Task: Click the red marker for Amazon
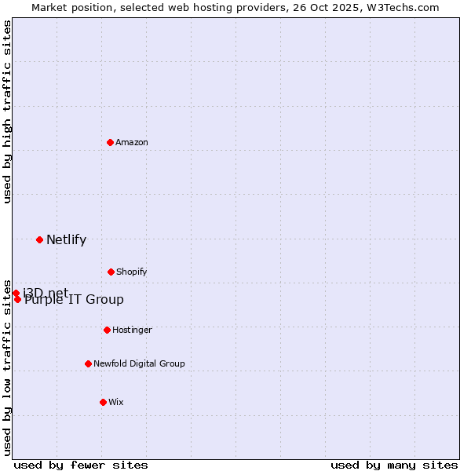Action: point(111,142)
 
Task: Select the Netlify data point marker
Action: point(39,239)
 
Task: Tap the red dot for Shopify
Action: point(111,272)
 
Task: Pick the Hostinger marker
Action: point(107,330)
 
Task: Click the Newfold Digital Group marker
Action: point(88,363)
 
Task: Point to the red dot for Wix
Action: point(103,402)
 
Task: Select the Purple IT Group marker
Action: point(17,299)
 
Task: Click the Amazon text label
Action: point(132,142)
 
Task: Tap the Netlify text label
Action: point(66,240)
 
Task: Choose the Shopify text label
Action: point(132,272)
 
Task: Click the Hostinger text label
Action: point(132,330)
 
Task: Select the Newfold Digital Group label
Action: point(139,363)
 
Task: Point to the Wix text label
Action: point(116,402)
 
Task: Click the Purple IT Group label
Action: point(74,300)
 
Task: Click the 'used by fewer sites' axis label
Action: point(81,465)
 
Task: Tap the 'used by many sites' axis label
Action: point(394,465)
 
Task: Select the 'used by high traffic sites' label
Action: point(7,111)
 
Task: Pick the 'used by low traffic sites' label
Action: point(7,367)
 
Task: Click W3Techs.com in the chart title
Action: point(403,7)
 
